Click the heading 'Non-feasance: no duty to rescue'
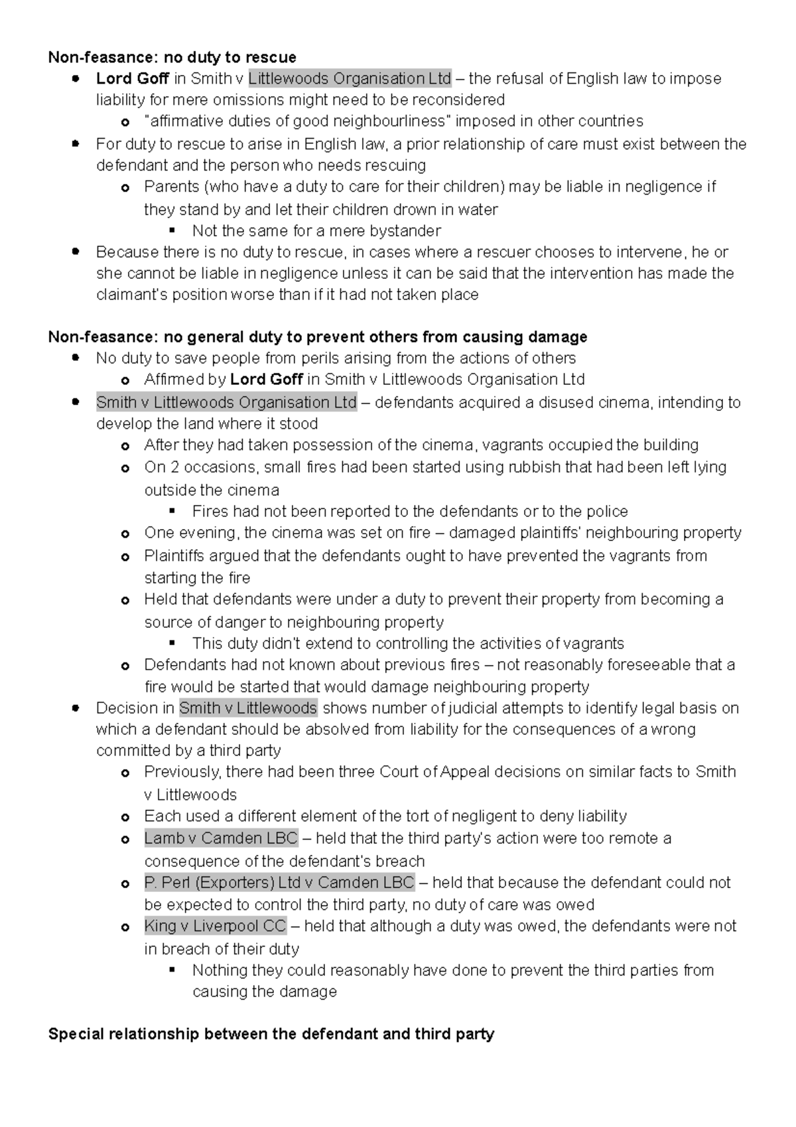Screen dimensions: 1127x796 pos(172,57)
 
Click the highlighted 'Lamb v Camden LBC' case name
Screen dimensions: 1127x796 pos(221,838)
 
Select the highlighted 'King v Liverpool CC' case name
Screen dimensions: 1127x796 pos(215,926)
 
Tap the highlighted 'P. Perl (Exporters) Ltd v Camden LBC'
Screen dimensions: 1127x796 pos(279,883)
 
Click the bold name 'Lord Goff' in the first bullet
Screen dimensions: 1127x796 pos(133,78)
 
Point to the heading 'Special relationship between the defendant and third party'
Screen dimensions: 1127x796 pos(271,1034)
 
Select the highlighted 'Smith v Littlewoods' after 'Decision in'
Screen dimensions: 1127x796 pos(248,708)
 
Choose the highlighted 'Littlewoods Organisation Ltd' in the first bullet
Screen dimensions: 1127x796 pos(350,78)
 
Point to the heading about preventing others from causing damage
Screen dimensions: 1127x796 pos(318,337)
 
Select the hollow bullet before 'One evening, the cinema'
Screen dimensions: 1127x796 pos(125,534)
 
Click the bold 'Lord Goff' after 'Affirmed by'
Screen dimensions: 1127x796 pos(267,380)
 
